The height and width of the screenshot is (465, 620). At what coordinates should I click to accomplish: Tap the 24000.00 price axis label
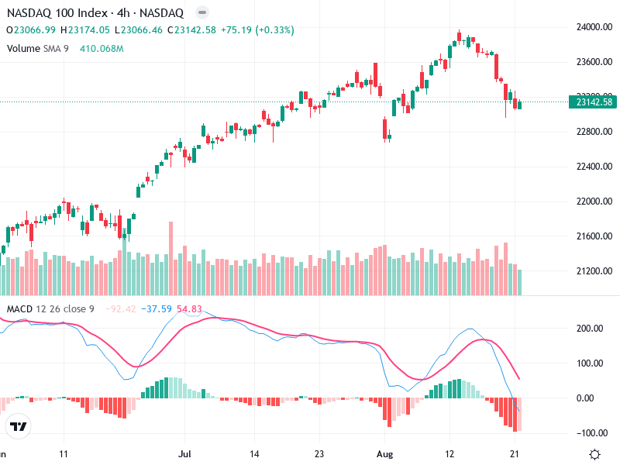(592, 27)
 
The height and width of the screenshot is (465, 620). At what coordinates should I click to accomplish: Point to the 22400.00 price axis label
(592, 167)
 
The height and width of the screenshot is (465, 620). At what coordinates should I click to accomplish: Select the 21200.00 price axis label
(592, 271)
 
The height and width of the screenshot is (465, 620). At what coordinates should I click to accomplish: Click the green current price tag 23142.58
(591, 102)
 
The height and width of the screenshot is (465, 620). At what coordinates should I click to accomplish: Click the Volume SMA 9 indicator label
(37, 48)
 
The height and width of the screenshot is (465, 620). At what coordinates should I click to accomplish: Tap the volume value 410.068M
(102, 48)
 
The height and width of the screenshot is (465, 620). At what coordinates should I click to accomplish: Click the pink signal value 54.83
(190, 309)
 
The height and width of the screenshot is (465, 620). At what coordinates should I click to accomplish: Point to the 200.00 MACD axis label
(591, 329)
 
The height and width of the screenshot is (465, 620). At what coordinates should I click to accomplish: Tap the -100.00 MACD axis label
(590, 432)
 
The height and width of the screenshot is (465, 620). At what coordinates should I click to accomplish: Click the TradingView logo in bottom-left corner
(18, 427)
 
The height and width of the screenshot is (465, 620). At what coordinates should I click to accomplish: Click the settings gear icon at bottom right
(595, 454)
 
